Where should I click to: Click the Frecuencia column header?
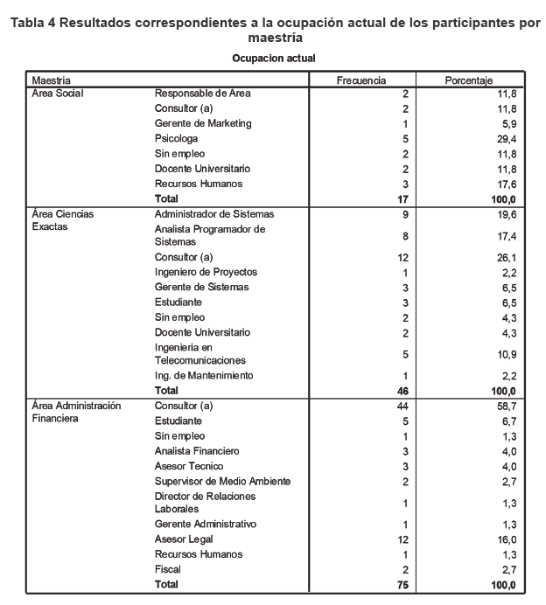(361, 80)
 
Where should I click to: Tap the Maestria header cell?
(52, 80)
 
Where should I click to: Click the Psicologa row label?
(176, 138)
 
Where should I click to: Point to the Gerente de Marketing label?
(203, 123)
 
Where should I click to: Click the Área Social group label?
(58, 93)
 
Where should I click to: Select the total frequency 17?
(402, 199)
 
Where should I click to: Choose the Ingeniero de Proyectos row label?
(206, 272)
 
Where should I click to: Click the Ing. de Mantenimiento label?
(204, 375)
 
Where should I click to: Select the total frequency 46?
(402, 391)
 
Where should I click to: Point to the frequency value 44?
(402, 407)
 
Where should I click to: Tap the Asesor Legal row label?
(184, 539)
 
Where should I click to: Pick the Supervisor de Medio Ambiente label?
(222, 481)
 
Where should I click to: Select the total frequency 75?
(402, 584)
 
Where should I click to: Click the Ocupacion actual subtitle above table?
(274, 58)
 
